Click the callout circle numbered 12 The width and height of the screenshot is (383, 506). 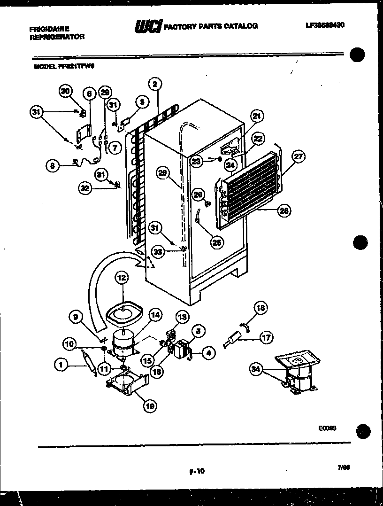point(122,279)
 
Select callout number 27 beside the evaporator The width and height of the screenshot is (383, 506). point(298,157)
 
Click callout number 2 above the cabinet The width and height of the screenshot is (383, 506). point(155,84)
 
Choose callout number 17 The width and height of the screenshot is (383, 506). point(266,336)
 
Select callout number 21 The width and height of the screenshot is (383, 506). point(257,116)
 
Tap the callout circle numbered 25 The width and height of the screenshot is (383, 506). point(216,242)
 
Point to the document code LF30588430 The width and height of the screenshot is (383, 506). point(324,25)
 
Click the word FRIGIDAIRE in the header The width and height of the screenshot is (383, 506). point(49,29)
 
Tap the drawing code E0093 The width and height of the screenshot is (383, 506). point(327,428)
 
